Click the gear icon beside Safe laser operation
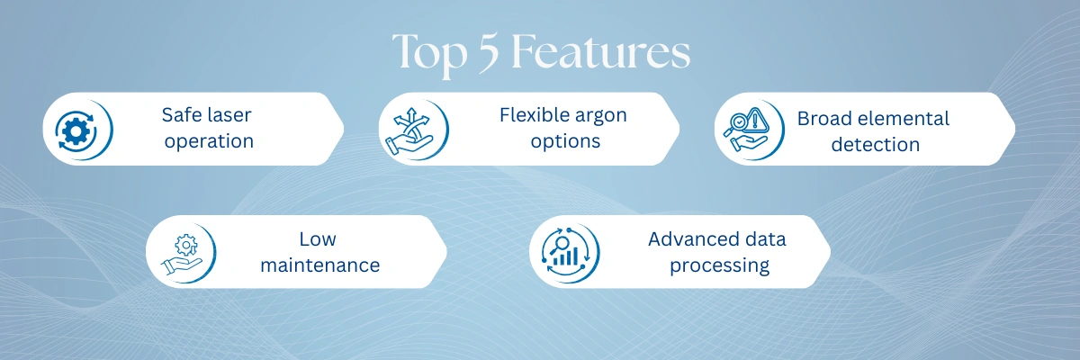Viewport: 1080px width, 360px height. (76, 130)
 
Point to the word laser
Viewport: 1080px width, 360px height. (227, 115)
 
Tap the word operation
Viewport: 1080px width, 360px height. (209, 141)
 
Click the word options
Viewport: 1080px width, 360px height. (565, 141)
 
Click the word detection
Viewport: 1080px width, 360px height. (876, 145)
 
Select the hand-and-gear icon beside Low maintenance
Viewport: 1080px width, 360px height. (182, 255)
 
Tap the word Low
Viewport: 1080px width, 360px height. (318, 239)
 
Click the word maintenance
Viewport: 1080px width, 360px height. (320, 265)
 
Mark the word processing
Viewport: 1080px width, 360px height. (719, 266)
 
